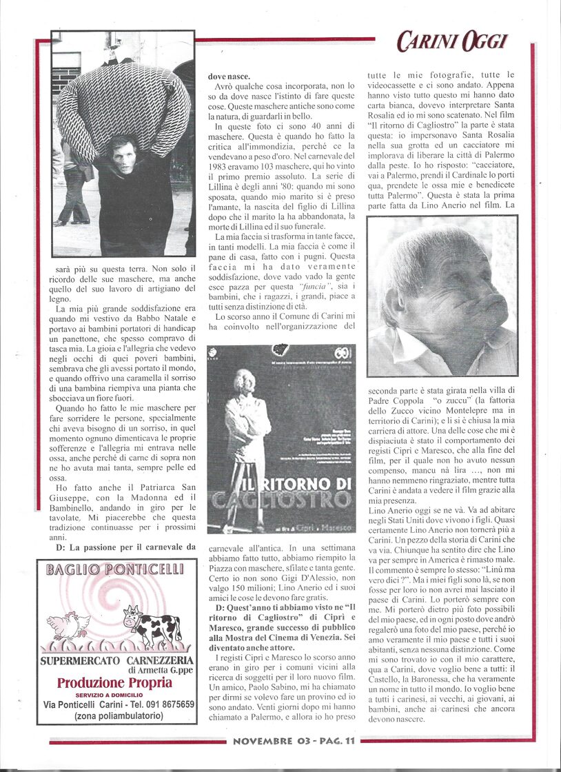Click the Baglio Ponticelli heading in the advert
click(x=114, y=569)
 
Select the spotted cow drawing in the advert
click(x=152, y=626)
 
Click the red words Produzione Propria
click(x=114, y=683)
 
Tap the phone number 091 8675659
click(x=159, y=704)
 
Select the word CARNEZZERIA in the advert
click(x=154, y=661)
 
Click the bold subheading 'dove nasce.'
click(x=230, y=78)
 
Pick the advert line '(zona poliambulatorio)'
click(x=114, y=716)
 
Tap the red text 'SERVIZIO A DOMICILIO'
click(x=114, y=694)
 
